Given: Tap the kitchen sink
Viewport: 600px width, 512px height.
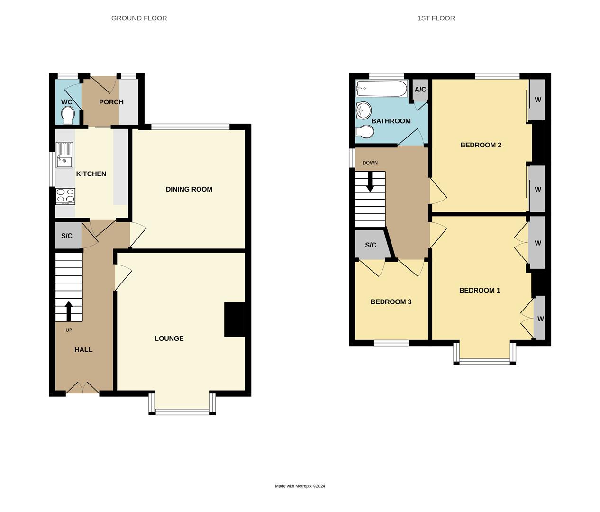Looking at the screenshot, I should coord(64,155).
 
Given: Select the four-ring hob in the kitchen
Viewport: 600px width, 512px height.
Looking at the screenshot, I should coord(65,196).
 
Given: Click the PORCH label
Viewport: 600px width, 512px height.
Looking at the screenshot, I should coord(111,102).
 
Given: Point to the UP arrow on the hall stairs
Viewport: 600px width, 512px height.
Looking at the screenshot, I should coord(68,311).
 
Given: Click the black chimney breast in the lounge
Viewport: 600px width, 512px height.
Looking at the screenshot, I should coord(234,320).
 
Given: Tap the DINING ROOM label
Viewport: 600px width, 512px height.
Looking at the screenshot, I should coord(189,189).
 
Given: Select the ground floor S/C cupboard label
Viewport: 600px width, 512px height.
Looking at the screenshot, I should coord(67,236).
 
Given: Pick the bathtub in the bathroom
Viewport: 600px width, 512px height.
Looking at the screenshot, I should coord(382,89).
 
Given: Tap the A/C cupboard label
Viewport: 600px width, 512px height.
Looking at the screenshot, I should coord(420,89).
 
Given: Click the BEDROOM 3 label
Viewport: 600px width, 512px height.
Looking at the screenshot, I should coord(391,302).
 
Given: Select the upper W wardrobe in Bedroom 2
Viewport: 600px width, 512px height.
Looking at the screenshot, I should coord(538,100).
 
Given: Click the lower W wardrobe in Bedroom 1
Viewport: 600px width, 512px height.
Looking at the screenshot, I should coord(540,319).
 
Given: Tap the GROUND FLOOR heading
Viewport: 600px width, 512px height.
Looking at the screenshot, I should coord(139,18).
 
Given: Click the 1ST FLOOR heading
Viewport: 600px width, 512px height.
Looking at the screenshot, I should coord(436,18).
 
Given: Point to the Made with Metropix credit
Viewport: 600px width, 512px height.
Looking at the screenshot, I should coord(300,486).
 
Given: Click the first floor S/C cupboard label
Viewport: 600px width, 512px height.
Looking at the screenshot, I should coord(371,245).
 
